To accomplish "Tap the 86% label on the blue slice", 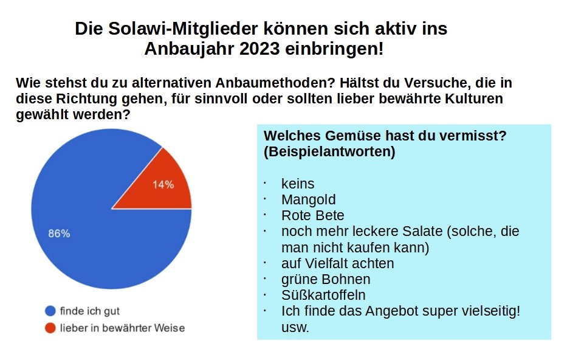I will [59, 233].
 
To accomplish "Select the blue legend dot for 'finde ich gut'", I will [50, 311].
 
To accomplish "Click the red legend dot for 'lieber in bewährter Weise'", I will [50, 328].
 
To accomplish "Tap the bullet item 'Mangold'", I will [308, 199].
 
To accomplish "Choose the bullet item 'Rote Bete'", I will [312, 215].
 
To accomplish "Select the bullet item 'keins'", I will [298, 184].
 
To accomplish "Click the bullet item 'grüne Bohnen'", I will [326, 279].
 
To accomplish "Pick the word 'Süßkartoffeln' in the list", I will [323, 295].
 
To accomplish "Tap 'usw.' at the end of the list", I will [295, 327].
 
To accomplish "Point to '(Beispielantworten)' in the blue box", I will [329, 152].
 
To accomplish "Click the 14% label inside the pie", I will [163, 184].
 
